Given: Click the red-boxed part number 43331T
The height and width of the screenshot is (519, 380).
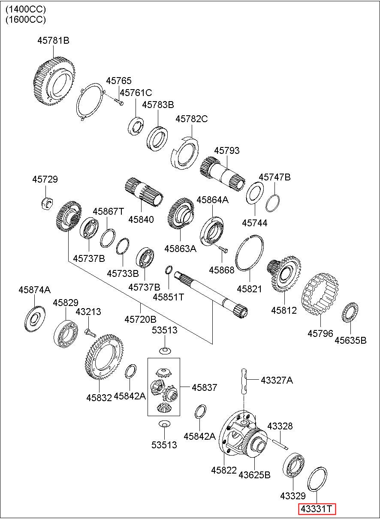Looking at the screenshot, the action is click(317, 509).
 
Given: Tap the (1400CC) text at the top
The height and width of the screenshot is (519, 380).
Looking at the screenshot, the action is click(26, 9).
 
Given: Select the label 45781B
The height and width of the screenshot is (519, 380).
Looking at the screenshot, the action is click(53, 41).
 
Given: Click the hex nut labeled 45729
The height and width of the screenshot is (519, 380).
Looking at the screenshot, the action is click(48, 203).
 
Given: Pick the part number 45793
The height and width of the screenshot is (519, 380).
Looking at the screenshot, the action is click(226, 150).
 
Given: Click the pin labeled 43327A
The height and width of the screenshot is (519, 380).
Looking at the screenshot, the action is click(244, 381).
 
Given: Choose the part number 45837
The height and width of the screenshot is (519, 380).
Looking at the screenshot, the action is click(204, 387).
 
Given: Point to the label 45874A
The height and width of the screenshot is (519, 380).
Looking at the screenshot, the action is click(35, 290).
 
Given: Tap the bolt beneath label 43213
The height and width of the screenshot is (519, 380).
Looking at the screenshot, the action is click(90, 333).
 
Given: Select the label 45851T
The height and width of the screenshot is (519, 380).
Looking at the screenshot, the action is click(168, 297).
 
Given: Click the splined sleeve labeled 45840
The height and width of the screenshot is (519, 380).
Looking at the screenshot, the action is click(144, 192).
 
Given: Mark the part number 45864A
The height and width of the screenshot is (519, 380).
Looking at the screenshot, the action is click(212, 200).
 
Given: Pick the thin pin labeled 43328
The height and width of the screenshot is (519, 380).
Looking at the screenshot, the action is click(280, 444).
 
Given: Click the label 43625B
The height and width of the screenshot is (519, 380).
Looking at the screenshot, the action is click(254, 475).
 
